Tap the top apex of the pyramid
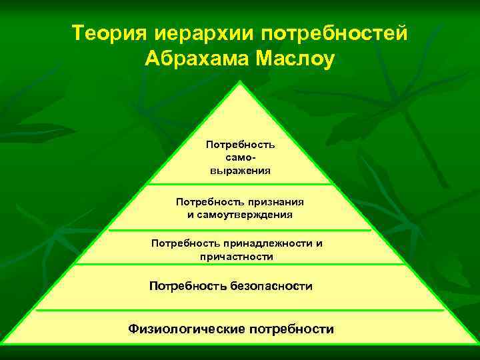point(240,83)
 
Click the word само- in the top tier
point(240,157)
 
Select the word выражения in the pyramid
point(240,170)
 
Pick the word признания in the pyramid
point(272,201)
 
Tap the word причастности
point(237,257)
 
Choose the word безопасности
point(271,286)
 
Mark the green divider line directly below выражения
point(240,184)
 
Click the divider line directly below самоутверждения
point(240,230)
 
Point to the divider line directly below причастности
point(240,264)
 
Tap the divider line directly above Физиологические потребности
point(240,310)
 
